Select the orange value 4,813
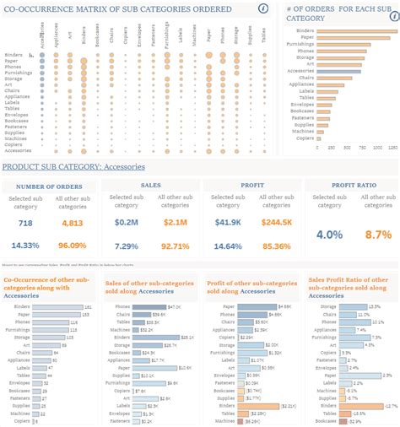72,223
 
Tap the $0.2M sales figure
127,223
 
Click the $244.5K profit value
274,223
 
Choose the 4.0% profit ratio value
330,234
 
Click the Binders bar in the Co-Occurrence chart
60,307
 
